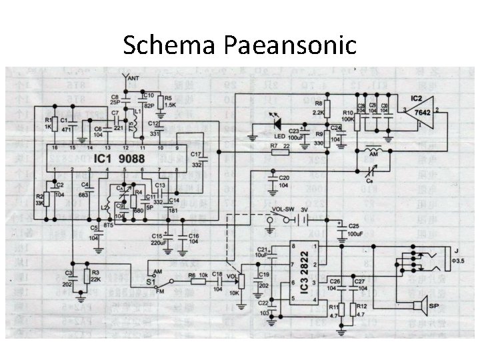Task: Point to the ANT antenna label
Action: (x=133, y=78)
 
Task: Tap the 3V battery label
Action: (x=305, y=208)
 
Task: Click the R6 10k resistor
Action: (x=199, y=281)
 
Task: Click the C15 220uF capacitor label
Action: (x=158, y=239)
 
